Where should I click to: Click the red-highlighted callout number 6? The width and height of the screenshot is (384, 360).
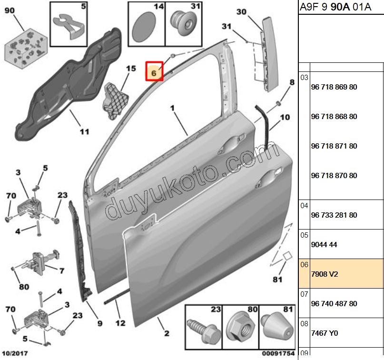tap(154, 73)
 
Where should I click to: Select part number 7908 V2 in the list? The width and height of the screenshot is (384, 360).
tap(324, 274)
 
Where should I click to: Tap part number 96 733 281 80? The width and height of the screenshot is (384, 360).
tap(334, 215)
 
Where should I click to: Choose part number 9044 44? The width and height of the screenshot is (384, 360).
tap(324, 245)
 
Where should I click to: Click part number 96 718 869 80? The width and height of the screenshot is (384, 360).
tap(334, 87)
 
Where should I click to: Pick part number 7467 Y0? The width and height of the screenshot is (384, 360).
tap(324, 333)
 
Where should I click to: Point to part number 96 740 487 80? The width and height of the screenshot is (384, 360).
tap(334, 303)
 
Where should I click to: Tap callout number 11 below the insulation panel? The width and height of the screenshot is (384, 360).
tap(84, 131)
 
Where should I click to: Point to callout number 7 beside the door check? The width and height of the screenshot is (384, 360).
tap(61, 271)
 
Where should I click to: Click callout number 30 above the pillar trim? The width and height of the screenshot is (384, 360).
tap(242, 12)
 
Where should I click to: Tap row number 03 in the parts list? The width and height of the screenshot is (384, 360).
tap(304, 78)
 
